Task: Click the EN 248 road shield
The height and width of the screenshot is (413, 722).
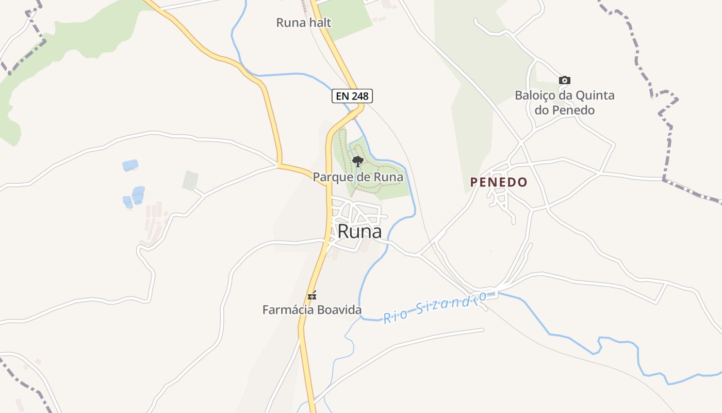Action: click(352, 96)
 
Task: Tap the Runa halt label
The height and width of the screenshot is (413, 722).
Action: click(303, 23)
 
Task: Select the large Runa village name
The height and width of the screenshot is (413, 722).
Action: click(359, 232)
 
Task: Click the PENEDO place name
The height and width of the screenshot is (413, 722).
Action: click(499, 182)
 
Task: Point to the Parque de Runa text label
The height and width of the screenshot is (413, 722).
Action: click(358, 177)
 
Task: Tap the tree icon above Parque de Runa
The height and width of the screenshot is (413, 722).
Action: click(357, 161)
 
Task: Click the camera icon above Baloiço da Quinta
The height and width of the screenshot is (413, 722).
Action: click(565, 80)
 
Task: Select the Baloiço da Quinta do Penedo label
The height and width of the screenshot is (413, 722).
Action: click(565, 103)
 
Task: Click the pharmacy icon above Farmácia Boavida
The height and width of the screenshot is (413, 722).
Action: click(312, 296)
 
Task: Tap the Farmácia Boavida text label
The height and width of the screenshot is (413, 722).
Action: click(312, 310)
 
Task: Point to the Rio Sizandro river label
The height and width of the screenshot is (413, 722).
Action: click(435, 307)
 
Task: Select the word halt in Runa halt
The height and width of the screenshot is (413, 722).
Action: click(320, 23)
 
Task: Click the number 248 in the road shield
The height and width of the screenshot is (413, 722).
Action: click(359, 96)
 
